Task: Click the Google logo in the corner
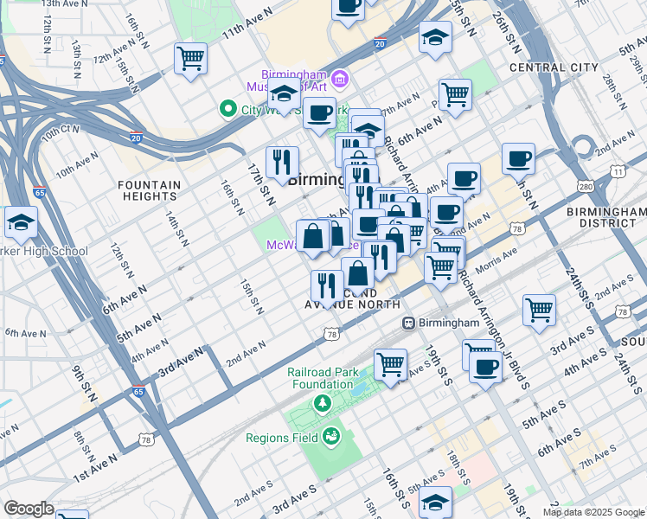[29, 509]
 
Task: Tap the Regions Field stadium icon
[330, 438]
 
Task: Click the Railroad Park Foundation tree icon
[322, 403]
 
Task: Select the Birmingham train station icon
[410, 323]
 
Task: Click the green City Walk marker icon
[227, 109]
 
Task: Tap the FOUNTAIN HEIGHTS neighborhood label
[149, 190]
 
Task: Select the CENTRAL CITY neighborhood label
[554, 67]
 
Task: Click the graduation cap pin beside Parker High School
[21, 222]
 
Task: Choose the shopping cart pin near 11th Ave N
[190, 60]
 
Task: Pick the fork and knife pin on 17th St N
[282, 162]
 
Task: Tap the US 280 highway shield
[586, 187]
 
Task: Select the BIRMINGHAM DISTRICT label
[606, 217]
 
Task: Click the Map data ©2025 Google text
[593, 512]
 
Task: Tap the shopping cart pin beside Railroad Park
[391, 364]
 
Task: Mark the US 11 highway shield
[618, 172]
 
